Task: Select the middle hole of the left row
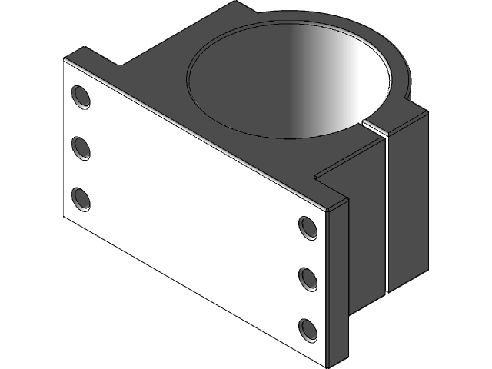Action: pos(80,147)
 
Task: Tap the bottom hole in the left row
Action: pos(80,198)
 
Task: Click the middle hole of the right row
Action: pos(308,278)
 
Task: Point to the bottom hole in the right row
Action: pos(308,329)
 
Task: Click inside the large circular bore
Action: pos(292,85)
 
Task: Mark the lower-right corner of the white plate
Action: pos(332,361)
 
